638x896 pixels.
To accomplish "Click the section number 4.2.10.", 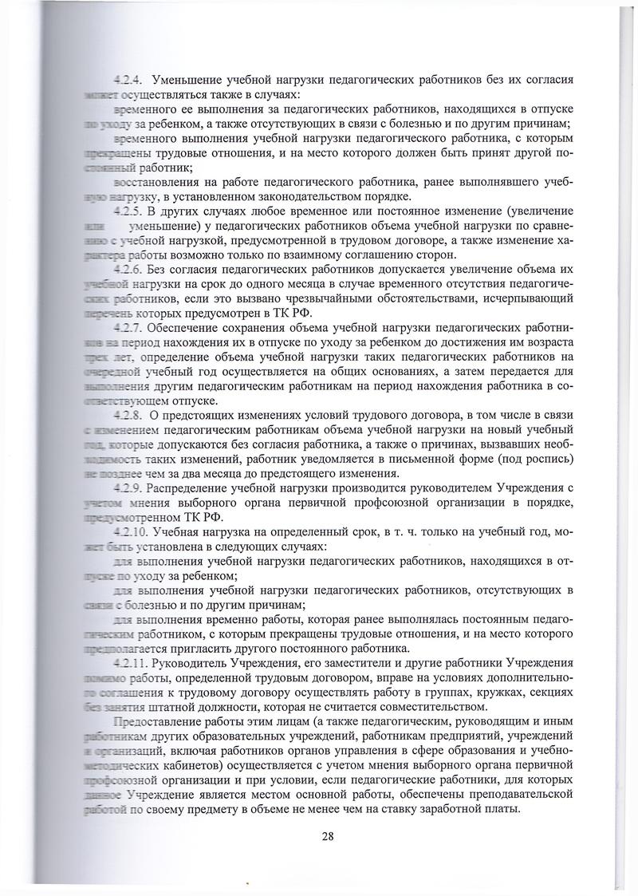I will tap(131, 531).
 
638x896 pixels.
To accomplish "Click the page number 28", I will tap(328, 836).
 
